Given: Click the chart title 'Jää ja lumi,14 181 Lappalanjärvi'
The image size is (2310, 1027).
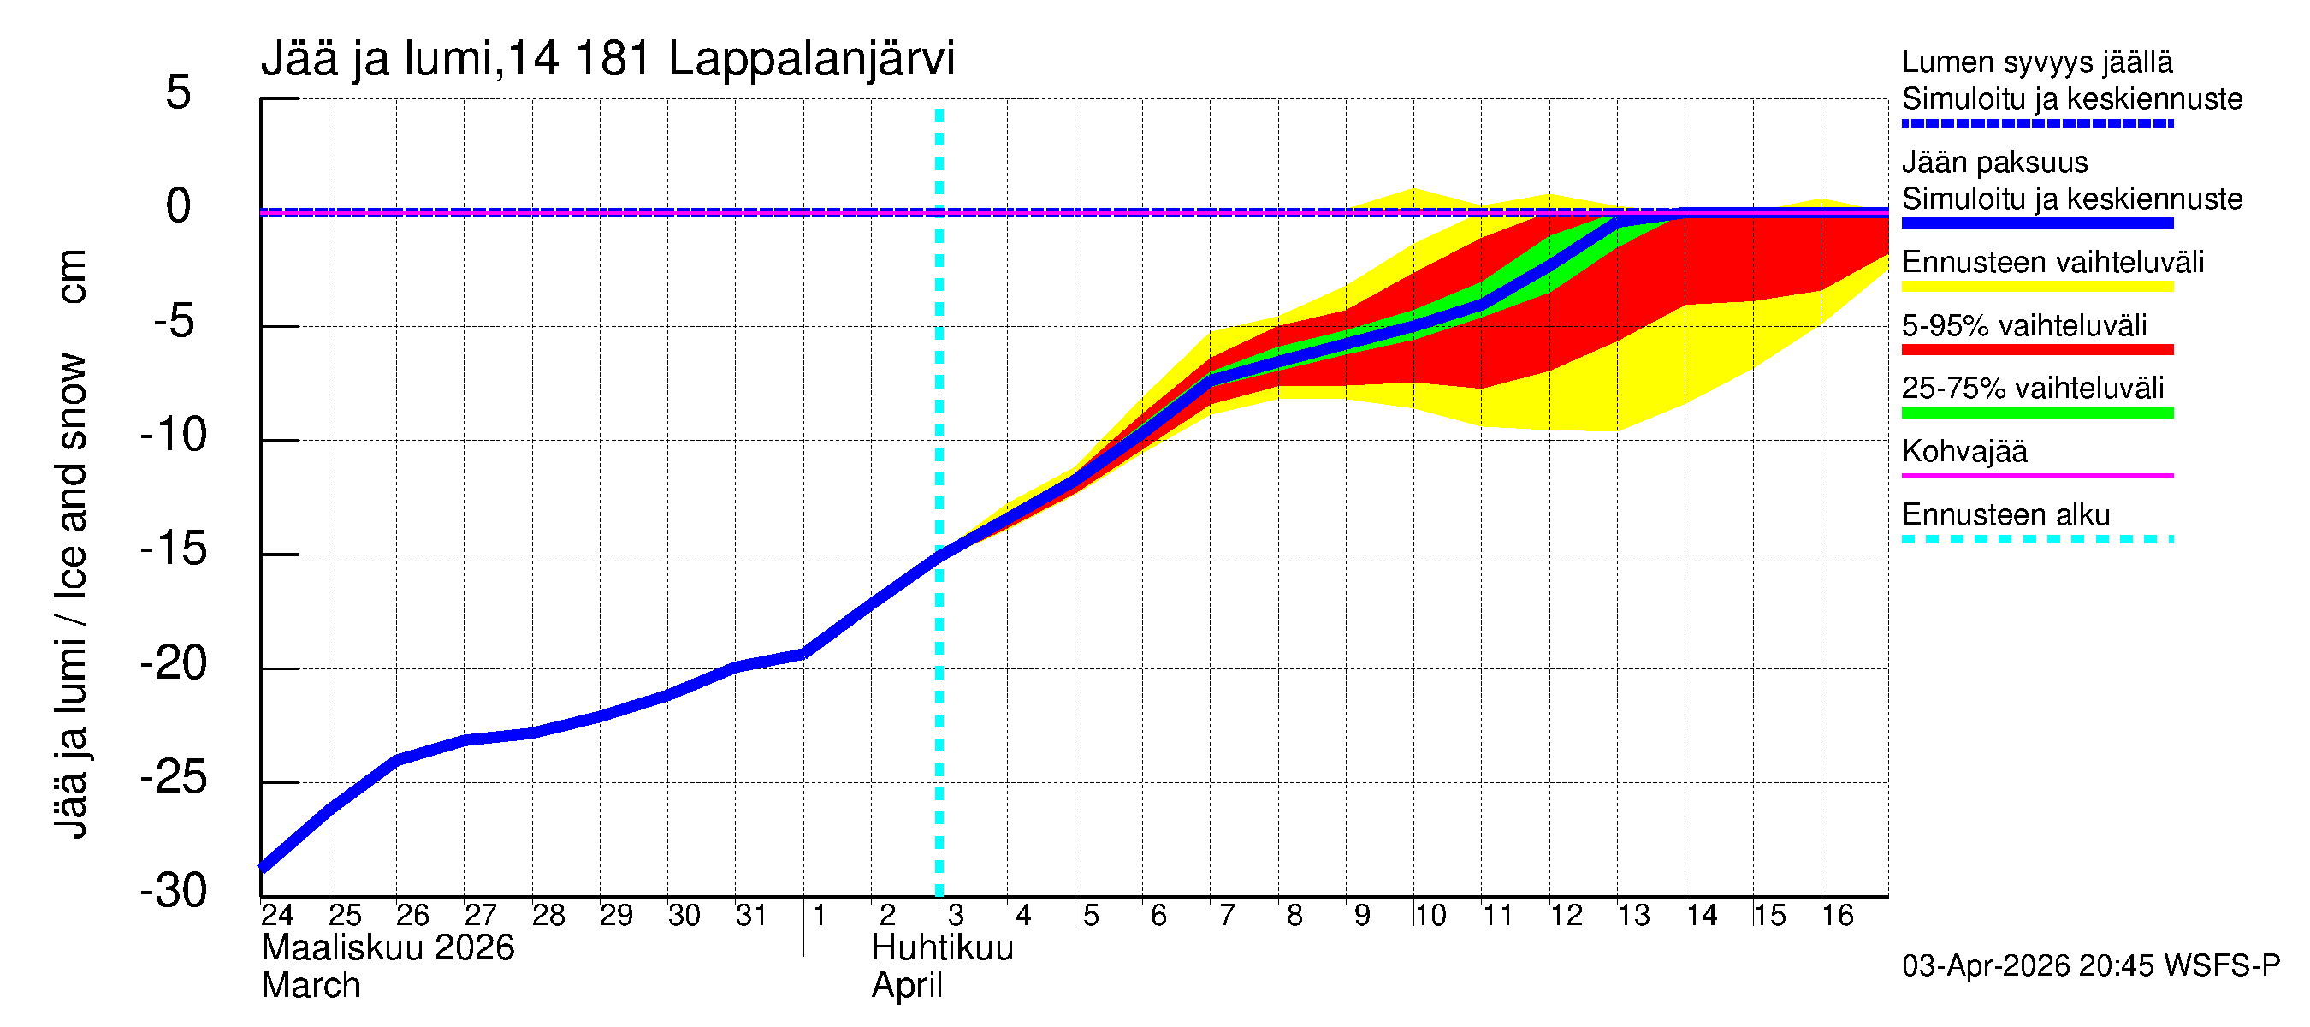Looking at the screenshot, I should pyautogui.click(x=608, y=59).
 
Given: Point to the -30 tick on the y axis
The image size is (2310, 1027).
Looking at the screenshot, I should pyautogui.click(x=174, y=892).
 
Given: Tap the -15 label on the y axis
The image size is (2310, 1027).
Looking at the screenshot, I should pyautogui.click(x=174, y=549).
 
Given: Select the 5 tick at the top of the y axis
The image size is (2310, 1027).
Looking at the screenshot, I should pyautogui.click(x=179, y=92).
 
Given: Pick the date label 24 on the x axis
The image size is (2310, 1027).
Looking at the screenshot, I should pyautogui.click(x=277, y=916).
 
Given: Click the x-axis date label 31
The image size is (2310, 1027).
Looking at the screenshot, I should pyautogui.click(x=751, y=916).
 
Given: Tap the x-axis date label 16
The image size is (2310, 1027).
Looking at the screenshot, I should pyautogui.click(x=1837, y=916).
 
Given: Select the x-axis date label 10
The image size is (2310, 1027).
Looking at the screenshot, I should pyautogui.click(x=1430, y=916).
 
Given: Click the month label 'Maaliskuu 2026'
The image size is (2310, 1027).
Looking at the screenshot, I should pyautogui.click(x=388, y=948).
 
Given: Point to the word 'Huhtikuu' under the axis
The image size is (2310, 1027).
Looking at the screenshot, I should pyautogui.click(x=943, y=948).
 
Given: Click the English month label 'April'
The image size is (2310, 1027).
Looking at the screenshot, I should pyautogui.click(x=907, y=986).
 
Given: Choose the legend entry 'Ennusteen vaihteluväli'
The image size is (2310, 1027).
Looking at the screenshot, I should pyautogui.click(x=2052, y=263).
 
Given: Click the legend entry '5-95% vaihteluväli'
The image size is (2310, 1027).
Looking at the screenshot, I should pyautogui.click(x=2024, y=325).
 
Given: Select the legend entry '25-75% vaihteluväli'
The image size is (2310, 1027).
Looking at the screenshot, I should pyautogui.click(x=2032, y=389).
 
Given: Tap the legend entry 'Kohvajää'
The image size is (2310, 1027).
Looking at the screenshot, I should pyautogui.click(x=1963, y=451).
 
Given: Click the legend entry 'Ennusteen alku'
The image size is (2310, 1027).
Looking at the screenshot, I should pyautogui.click(x=2006, y=515).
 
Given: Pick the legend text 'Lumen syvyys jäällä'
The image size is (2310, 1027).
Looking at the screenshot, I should pyautogui.click(x=2036, y=62).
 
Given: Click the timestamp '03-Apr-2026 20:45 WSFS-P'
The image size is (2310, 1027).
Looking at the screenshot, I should pyautogui.click(x=2090, y=966).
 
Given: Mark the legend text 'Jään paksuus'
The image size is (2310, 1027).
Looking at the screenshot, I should pyautogui.click(x=1994, y=163).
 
